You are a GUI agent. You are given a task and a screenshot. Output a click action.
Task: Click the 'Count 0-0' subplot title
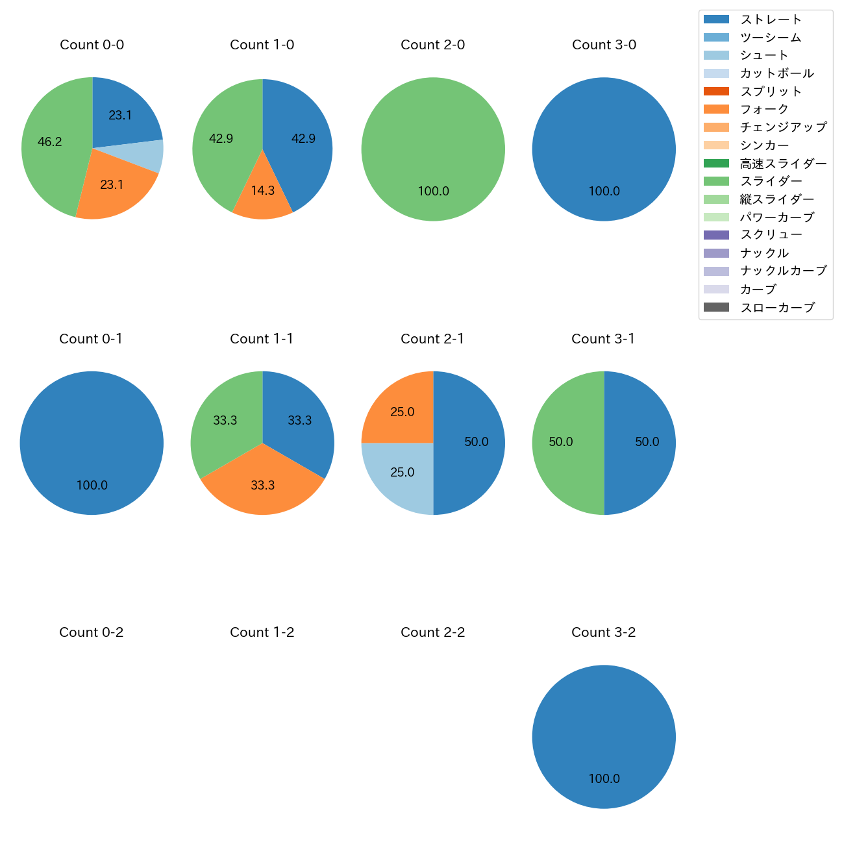92,45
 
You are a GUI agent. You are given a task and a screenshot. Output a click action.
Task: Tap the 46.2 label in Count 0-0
50,142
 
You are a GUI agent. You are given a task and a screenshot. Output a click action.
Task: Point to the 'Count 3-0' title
604,45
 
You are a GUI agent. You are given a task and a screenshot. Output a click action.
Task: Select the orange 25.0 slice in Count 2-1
397,409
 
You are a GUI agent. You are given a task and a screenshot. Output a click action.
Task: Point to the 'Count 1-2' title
262,632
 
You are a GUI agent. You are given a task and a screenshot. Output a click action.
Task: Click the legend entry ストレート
771,19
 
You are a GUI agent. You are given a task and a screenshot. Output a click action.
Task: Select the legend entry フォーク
764,109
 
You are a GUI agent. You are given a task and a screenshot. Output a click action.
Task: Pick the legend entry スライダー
771,181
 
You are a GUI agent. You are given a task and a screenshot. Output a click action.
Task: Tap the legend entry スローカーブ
777,308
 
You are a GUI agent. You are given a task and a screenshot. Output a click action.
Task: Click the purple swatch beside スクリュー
716,235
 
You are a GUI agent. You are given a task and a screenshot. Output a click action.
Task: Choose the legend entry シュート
764,55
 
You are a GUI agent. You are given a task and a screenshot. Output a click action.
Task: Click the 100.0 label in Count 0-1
92,485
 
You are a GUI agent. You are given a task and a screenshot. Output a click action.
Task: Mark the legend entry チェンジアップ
783,127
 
